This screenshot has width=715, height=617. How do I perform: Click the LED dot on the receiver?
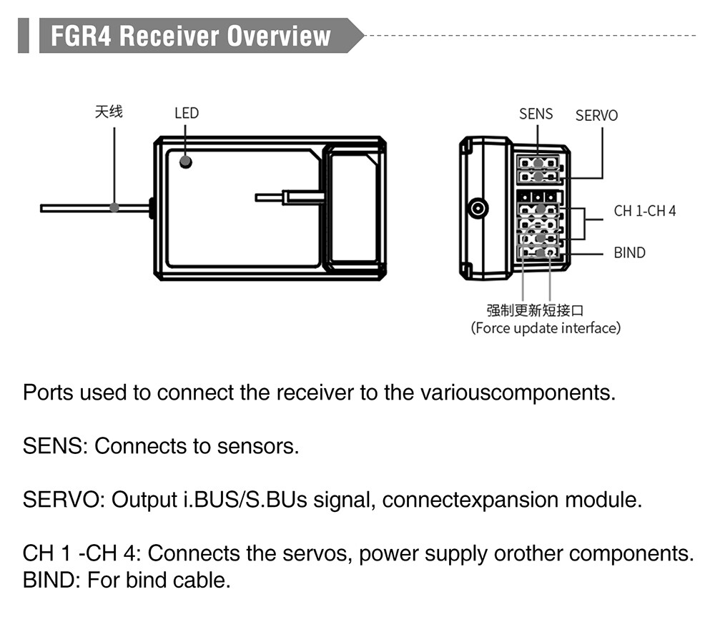click(x=186, y=162)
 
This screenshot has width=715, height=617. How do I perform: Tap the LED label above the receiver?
click(x=187, y=113)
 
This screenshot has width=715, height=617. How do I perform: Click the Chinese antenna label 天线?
click(x=109, y=112)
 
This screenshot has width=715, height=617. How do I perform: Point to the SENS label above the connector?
click(x=536, y=114)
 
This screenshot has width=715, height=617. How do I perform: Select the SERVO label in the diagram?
click(x=596, y=116)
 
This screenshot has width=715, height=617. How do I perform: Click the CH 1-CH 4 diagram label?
click(x=645, y=211)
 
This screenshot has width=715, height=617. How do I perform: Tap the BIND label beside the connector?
click(x=630, y=252)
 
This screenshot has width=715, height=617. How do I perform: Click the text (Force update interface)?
click(x=546, y=328)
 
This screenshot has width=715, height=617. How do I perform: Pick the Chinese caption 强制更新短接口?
click(x=535, y=310)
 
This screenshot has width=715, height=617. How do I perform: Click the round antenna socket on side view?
click(x=478, y=209)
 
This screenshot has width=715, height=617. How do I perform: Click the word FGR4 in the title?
click(x=81, y=36)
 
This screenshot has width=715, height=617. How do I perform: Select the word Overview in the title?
click(x=279, y=36)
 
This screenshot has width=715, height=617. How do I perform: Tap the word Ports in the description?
click(x=48, y=393)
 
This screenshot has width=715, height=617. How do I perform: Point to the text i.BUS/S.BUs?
click(x=245, y=500)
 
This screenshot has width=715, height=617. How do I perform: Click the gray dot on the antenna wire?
click(x=114, y=207)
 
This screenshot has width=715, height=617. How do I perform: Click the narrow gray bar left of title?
click(x=24, y=36)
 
